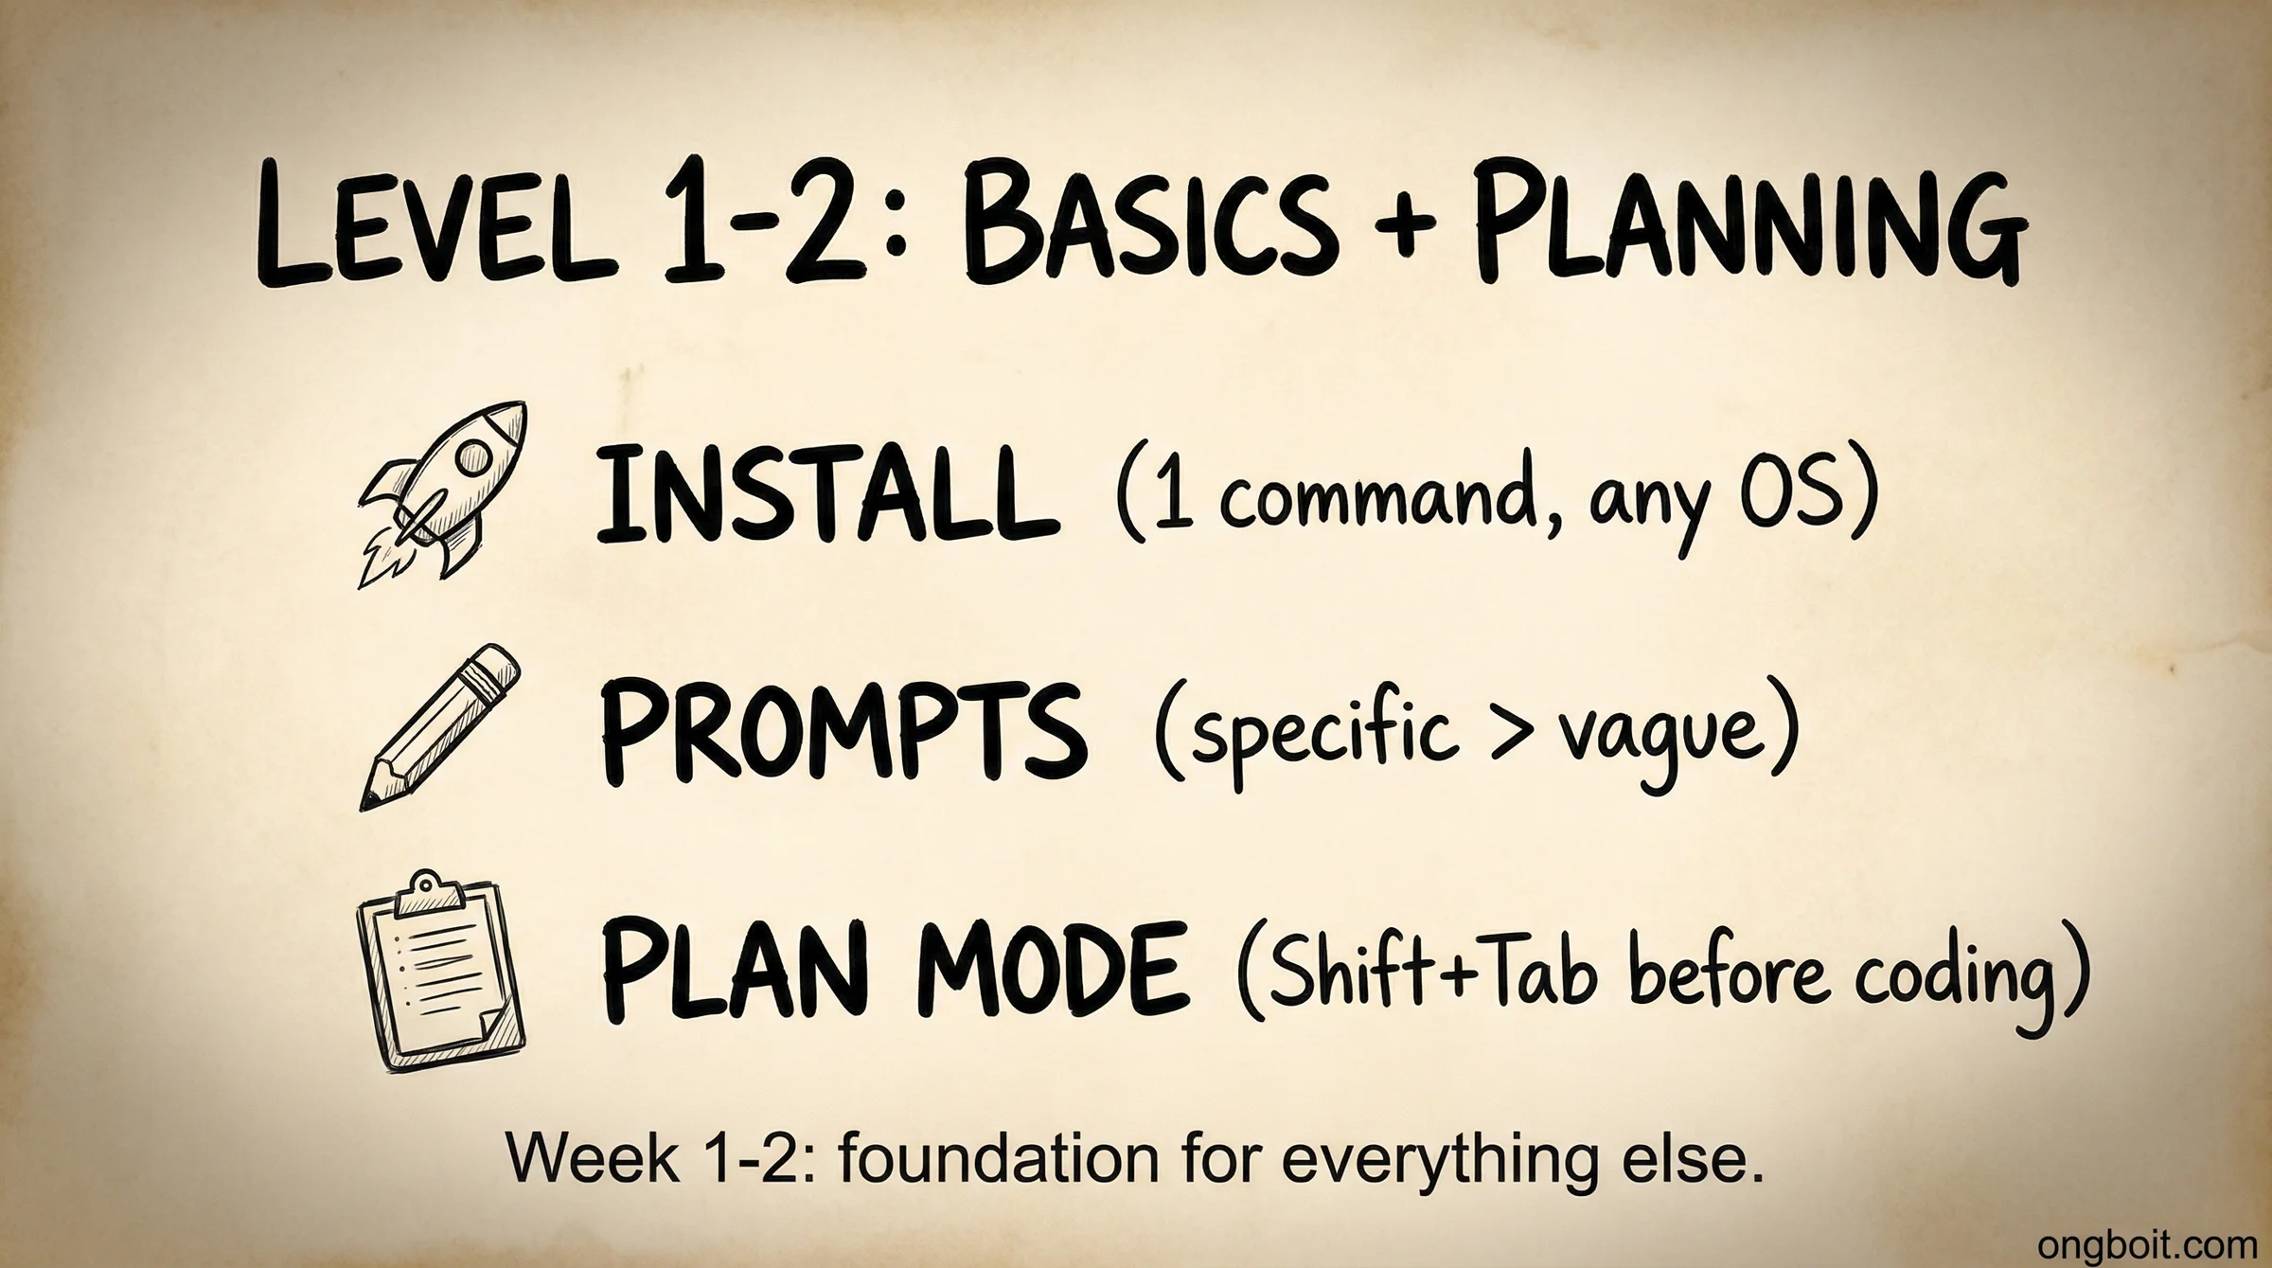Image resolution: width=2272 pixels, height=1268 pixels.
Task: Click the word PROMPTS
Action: coord(843,734)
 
